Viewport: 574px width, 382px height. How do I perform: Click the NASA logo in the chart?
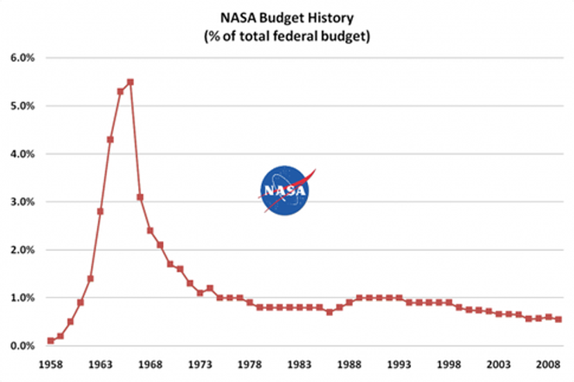(x=283, y=189)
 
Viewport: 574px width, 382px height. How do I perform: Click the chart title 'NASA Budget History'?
(x=286, y=15)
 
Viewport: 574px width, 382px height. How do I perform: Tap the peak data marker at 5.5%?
(x=130, y=81)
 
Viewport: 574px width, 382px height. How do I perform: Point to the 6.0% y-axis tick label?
(x=22, y=58)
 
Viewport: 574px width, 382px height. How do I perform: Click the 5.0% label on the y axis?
(x=22, y=106)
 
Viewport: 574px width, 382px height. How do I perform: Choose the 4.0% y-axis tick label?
(x=22, y=154)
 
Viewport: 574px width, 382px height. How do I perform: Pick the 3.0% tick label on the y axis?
(x=22, y=202)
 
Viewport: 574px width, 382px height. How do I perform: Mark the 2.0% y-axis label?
(x=22, y=250)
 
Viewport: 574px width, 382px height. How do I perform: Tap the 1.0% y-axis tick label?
(x=22, y=298)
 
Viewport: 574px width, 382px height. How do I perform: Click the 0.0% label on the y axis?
(x=22, y=346)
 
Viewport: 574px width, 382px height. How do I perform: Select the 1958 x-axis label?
(x=50, y=363)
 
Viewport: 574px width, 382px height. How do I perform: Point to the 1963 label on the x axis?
(x=100, y=363)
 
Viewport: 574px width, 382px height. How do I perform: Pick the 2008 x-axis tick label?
(x=548, y=363)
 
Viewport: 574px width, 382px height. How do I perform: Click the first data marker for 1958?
(x=50, y=340)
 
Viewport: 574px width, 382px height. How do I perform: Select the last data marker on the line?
(x=558, y=319)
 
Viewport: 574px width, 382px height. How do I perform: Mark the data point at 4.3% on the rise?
(x=110, y=139)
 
